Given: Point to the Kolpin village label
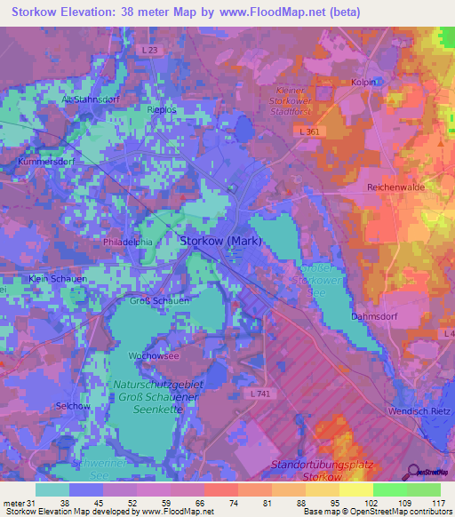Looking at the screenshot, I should pos(364,83).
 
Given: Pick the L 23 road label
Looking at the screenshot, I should pos(150,51).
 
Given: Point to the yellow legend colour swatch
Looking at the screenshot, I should pos(355,489).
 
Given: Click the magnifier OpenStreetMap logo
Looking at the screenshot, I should pos(413,471).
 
